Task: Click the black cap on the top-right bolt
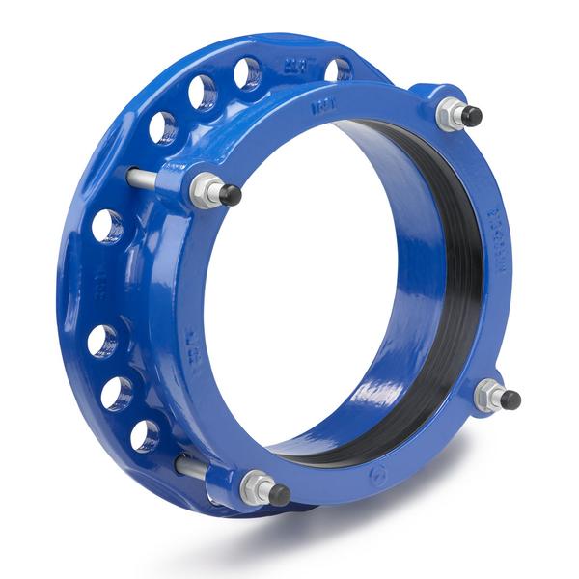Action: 471,116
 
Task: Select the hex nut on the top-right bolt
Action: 450,114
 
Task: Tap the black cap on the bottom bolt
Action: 279,494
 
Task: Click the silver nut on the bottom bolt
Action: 256,487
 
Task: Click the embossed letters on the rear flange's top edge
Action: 293,67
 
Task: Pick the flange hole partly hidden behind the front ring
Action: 337,69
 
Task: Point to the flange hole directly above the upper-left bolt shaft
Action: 162,126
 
